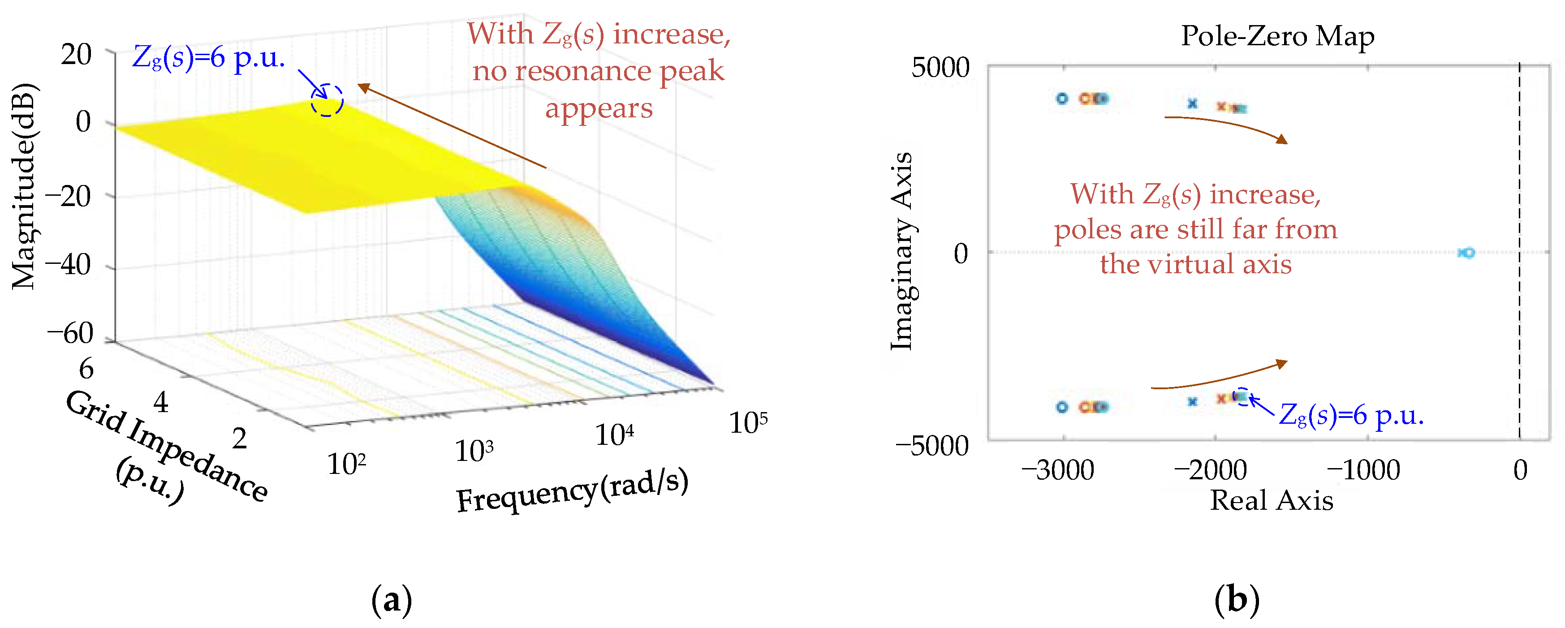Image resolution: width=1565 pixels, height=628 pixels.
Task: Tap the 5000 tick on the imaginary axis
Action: pyautogui.click(x=940, y=68)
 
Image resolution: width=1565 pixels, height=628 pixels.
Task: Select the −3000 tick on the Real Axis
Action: pyautogui.click(x=1057, y=470)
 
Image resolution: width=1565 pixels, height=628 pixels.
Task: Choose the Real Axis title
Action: pyautogui.click(x=1271, y=500)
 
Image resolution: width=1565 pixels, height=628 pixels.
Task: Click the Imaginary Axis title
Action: pyautogui.click(x=901, y=251)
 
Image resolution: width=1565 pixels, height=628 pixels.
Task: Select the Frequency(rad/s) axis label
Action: pyautogui.click(x=572, y=491)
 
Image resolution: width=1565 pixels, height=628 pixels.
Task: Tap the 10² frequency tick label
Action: pyautogui.click(x=346, y=465)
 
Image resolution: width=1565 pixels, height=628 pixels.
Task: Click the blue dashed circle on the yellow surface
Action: pyautogui.click(x=327, y=100)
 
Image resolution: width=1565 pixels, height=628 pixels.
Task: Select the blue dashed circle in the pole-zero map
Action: pyautogui.click(x=1242, y=396)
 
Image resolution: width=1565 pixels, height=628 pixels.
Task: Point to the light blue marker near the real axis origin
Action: pyautogui.click(x=1466, y=253)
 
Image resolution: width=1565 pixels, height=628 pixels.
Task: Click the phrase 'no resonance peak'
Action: pyautogui.click(x=599, y=71)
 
